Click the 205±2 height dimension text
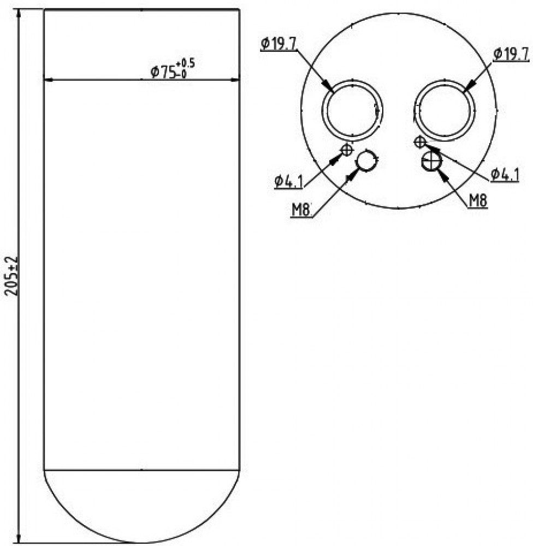[11, 276]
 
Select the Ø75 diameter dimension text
[163, 72]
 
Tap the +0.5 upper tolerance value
[185, 64]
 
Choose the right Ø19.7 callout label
[511, 54]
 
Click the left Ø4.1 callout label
[288, 181]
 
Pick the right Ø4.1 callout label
[505, 175]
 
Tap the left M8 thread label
[301, 210]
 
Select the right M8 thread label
[478, 201]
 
